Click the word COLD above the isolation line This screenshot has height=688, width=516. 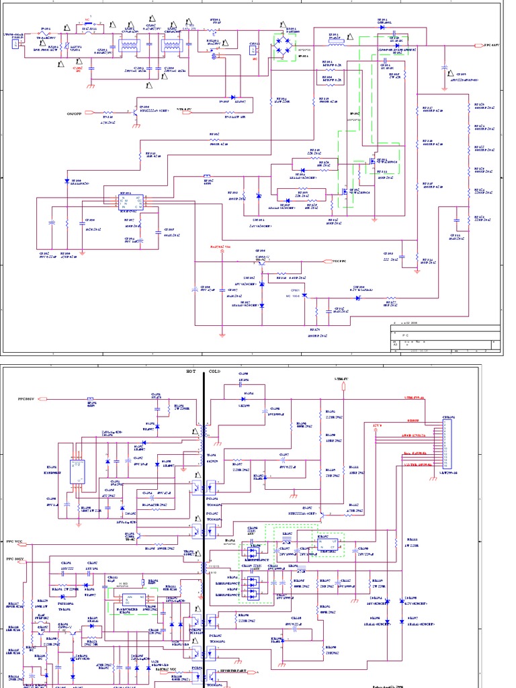click(214, 371)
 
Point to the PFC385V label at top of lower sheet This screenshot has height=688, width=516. click(31, 399)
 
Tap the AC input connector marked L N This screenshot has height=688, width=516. click(15, 44)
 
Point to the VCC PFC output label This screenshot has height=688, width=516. click(339, 261)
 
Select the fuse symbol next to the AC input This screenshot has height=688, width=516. click(46, 34)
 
